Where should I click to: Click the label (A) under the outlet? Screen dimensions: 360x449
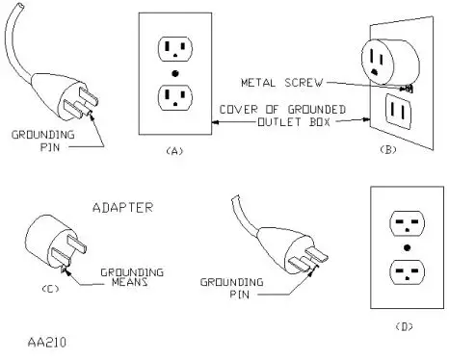point(174,151)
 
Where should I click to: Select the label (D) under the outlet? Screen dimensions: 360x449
point(404,325)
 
